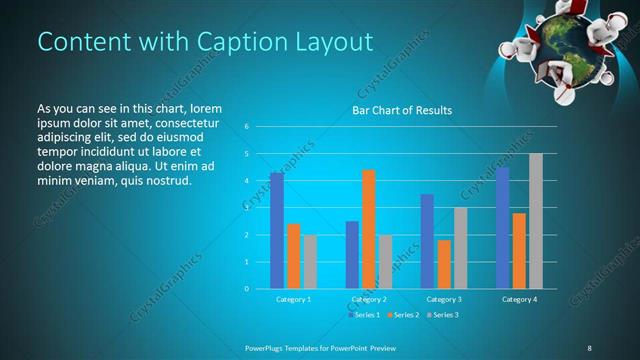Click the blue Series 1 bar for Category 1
[x=276, y=230]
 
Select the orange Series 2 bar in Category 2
[x=368, y=229]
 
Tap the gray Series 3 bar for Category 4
[x=536, y=221]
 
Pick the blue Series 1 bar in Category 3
[x=427, y=241]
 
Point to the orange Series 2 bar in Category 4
[x=519, y=250]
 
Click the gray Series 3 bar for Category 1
[x=310, y=262]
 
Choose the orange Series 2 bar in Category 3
[x=444, y=264]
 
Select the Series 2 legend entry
[x=403, y=315]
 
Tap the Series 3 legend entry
[x=442, y=315]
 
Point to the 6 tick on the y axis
[x=246, y=127]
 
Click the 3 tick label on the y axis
[x=246, y=208]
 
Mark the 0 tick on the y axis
[x=246, y=289]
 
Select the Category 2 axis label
[x=369, y=299]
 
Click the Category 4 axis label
[x=519, y=299]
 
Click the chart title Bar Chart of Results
[x=400, y=110]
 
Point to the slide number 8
[x=589, y=347]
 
